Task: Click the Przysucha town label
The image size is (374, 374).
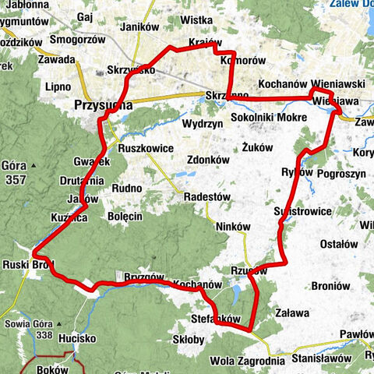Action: coord(101,104)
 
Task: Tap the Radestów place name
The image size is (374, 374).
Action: coord(206,197)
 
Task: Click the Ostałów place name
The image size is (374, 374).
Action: coord(339,244)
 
